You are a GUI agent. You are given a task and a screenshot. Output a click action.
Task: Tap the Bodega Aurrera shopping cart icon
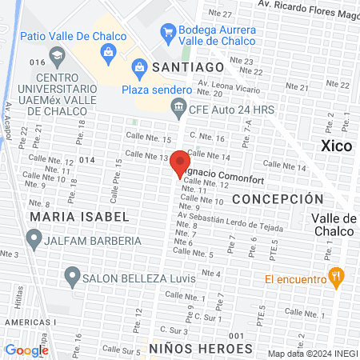(168, 32)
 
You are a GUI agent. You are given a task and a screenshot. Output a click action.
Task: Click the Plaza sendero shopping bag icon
(139, 67)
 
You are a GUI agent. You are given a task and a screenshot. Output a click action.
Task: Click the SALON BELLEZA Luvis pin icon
(70, 278)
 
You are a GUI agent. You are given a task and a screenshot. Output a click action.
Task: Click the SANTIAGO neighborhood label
(188, 67)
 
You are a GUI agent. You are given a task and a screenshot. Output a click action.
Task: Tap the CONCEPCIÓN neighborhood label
(278, 198)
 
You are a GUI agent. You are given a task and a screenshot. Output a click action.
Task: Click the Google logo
(26, 350)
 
